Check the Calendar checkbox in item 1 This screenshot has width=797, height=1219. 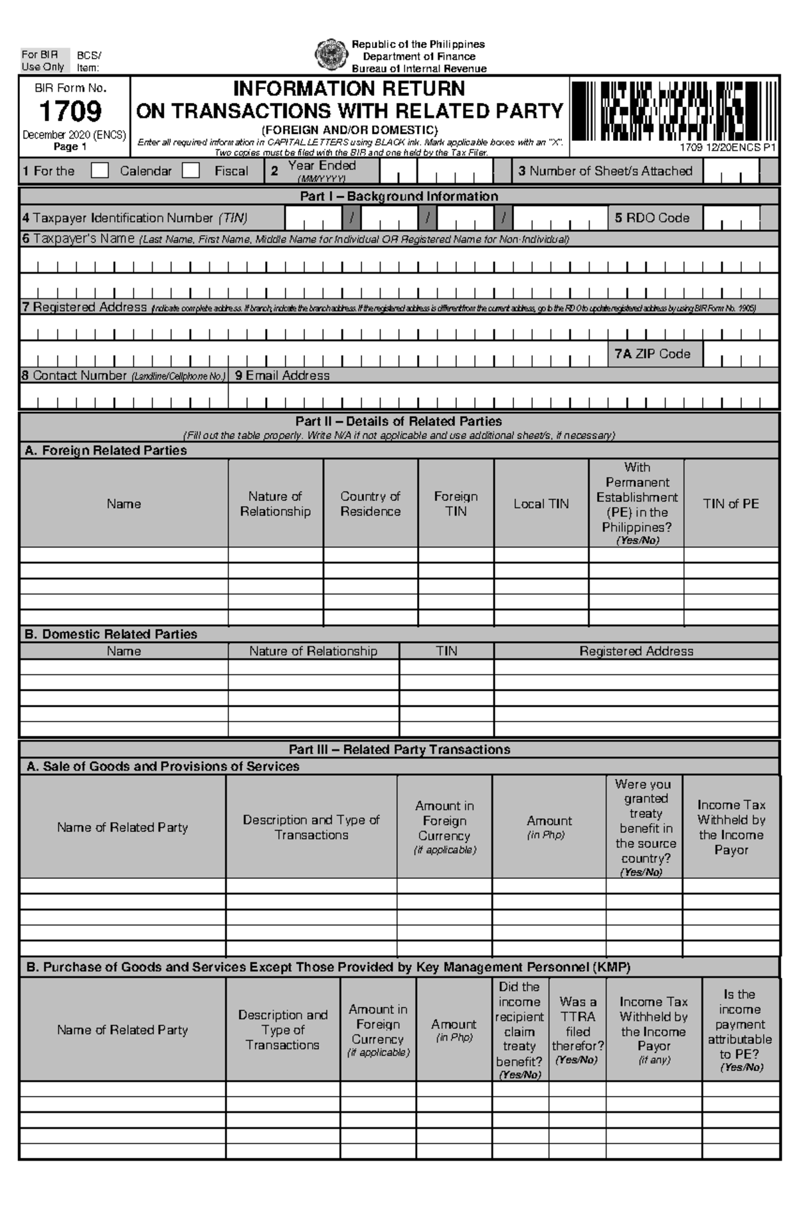pos(100,171)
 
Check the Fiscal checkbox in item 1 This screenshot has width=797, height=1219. pos(191,171)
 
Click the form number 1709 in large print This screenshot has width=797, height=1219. pos(70,111)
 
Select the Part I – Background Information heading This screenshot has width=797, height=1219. pos(398,196)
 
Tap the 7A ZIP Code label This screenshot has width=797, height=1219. pos(652,354)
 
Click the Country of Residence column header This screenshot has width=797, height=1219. pos(370,504)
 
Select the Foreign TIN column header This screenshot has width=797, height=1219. pos(456,504)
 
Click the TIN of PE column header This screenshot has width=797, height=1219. pos(731,504)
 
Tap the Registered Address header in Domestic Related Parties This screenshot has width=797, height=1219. pos(636,651)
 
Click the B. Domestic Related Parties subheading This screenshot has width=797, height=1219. pos(111,634)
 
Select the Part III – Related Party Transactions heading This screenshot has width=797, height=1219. pos(398,749)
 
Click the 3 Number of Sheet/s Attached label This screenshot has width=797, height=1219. pos(605,171)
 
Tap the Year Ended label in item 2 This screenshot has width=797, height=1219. pos(321,165)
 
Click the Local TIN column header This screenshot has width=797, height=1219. pos(541,504)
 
